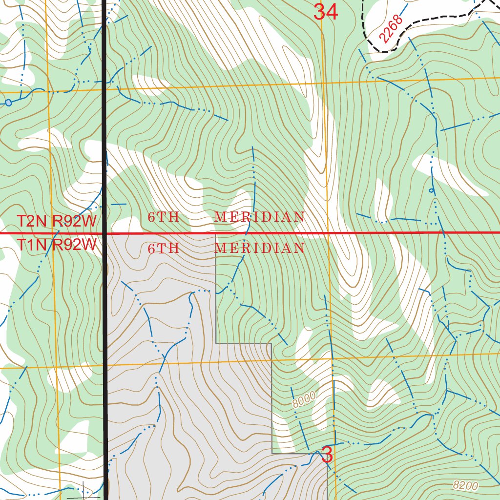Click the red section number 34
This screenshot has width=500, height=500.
(x=325, y=12)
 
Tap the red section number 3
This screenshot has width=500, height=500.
(x=327, y=455)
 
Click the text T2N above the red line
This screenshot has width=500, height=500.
(x=33, y=221)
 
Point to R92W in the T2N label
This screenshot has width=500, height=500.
(x=75, y=221)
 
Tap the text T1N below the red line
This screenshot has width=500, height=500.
(x=33, y=245)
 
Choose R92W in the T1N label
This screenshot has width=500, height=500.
(x=75, y=245)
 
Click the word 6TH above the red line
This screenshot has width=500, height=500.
(x=164, y=217)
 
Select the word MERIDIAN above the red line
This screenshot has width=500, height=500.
(x=260, y=217)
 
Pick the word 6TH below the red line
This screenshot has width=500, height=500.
(x=164, y=249)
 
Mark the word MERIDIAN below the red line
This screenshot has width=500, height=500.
(x=260, y=249)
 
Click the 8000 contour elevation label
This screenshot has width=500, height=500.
(x=304, y=399)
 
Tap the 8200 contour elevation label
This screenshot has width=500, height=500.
(x=465, y=485)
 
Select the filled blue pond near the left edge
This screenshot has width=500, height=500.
(x=8, y=103)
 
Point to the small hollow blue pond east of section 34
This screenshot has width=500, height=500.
(x=431, y=190)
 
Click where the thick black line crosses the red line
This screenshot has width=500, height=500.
(x=104, y=233)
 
